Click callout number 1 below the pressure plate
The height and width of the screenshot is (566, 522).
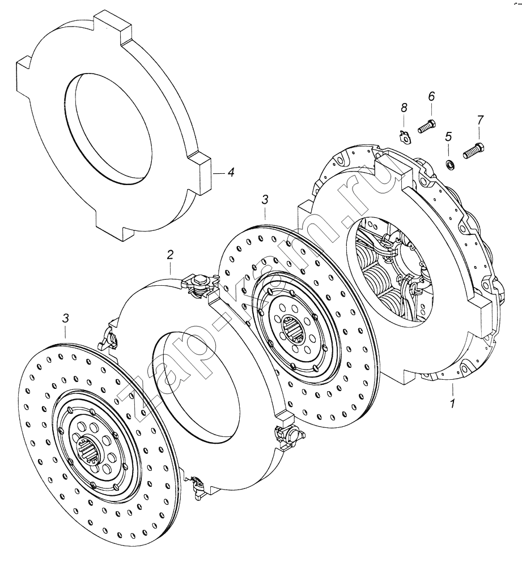[x=452, y=402]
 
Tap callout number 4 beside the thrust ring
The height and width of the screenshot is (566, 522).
[x=230, y=173]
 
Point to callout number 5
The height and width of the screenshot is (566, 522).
[x=448, y=136]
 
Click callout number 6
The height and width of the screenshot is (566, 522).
[x=431, y=96]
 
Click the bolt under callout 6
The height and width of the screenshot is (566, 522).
[x=427, y=126]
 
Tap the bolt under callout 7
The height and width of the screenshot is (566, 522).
[x=474, y=150]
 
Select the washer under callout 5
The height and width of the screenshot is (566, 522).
[x=450, y=166]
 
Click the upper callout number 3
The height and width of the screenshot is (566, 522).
[x=265, y=199]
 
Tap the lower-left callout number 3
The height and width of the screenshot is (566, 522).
[x=65, y=318]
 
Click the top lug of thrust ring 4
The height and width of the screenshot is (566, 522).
[x=113, y=23]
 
